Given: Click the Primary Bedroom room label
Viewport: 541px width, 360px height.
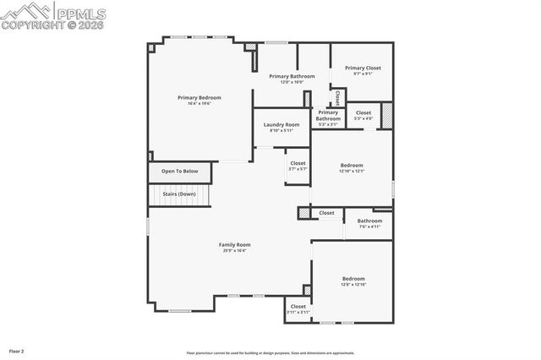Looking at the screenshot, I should (199, 97).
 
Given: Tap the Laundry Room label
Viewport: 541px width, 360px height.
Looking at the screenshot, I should (281, 124).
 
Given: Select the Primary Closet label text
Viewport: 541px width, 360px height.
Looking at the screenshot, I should (363, 68).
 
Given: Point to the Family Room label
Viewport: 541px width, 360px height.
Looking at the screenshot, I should (234, 244).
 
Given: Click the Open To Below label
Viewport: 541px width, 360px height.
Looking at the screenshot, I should (179, 172).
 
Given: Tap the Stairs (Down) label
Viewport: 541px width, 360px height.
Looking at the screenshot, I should (179, 194).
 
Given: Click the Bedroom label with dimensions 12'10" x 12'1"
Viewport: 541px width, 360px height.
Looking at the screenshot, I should (352, 165).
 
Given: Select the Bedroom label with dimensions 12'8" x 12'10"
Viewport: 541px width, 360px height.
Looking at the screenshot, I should (353, 278).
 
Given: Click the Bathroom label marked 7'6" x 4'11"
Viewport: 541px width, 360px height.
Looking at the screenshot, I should (369, 221).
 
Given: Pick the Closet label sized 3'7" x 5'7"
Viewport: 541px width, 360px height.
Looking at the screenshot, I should (298, 163).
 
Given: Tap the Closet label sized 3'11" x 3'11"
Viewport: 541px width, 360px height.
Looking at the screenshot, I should (298, 306).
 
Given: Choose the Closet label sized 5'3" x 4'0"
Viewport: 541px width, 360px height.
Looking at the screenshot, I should (363, 112).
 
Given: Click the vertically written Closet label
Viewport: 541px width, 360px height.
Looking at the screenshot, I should (337, 96).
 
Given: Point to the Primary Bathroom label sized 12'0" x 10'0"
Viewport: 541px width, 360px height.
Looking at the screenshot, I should (292, 76).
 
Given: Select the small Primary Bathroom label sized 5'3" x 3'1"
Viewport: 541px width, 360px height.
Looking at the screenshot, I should (328, 115).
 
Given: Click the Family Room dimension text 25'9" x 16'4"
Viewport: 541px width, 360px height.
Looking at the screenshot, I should (234, 250).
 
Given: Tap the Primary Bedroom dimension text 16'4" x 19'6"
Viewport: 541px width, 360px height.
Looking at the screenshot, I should (199, 103).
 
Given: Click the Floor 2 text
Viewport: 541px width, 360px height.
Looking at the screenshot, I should (16, 350).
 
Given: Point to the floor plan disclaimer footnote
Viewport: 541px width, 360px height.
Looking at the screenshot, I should (270, 353).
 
